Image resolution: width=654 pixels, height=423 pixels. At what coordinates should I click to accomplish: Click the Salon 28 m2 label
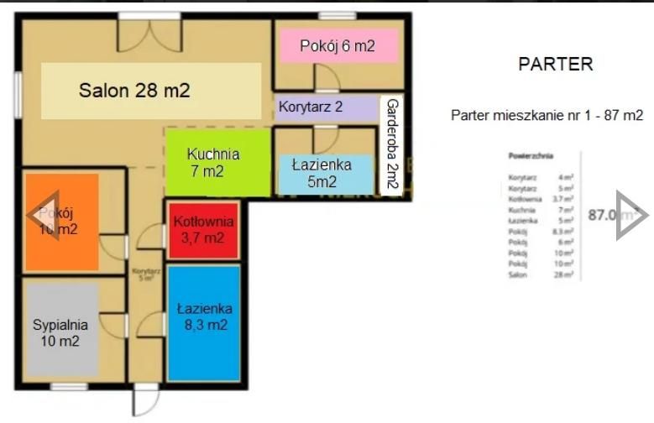(x=134, y=91)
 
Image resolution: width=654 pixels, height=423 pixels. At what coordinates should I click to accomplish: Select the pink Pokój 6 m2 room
(x=337, y=46)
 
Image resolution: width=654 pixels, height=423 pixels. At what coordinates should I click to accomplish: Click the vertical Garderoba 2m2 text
(x=390, y=147)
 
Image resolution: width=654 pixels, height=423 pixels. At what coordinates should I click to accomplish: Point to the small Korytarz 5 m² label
(x=145, y=274)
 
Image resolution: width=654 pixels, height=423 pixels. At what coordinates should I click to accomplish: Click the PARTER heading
(x=555, y=64)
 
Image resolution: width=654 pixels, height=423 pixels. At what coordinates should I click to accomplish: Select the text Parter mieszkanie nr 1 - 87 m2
(x=547, y=116)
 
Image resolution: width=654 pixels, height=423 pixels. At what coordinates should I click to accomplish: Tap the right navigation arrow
(x=631, y=215)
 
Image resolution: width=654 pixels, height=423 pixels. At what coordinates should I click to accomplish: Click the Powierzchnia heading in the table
(x=531, y=156)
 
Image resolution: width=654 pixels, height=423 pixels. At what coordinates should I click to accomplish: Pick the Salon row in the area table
(x=541, y=274)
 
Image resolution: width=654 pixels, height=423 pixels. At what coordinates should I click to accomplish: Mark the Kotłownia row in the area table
(x=541, y=199)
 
